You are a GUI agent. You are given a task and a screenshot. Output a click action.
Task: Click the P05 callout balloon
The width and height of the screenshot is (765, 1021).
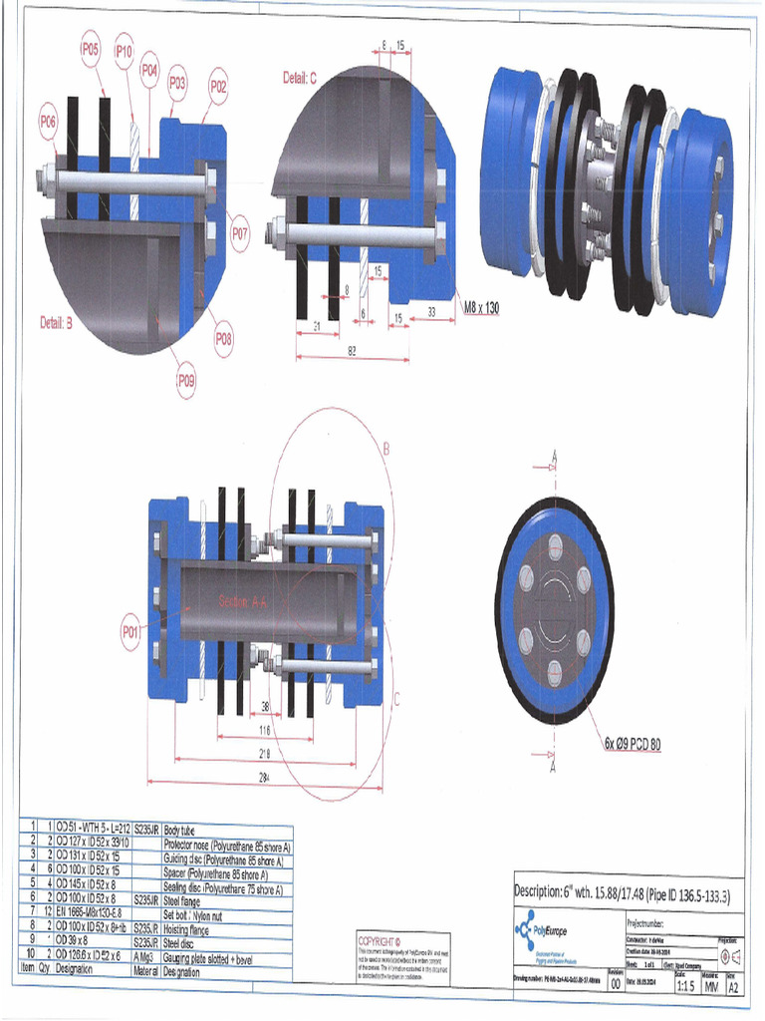91,48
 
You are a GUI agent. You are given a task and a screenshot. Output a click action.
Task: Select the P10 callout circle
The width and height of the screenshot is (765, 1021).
124,50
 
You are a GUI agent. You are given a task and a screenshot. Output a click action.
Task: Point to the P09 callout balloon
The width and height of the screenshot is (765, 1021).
186,379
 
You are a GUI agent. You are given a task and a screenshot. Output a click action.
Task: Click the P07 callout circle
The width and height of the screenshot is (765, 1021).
240,235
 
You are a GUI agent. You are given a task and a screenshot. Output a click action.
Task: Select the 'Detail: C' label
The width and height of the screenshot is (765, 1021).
299,77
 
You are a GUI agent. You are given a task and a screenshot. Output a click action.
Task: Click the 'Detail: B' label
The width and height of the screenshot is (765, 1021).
63,323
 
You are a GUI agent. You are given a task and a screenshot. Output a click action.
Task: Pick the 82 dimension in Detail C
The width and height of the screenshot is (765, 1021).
353,350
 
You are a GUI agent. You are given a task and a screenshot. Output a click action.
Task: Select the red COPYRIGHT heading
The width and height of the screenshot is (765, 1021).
379,940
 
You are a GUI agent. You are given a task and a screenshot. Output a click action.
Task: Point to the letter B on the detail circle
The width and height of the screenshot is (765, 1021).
386,450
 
